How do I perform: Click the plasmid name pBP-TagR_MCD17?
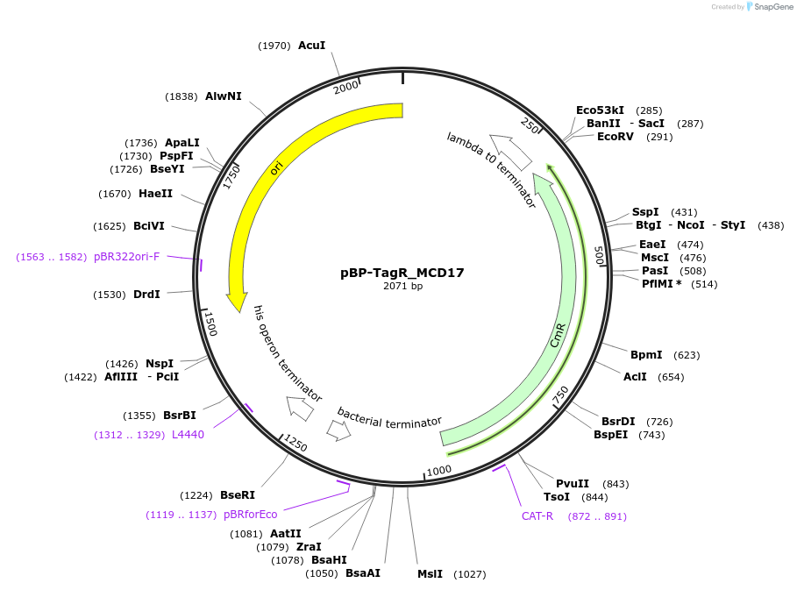(x=402, y=273)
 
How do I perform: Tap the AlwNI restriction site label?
(x=223, y=96)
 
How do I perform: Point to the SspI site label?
(x=645, y=212)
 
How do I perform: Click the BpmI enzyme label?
(x=647, y=355)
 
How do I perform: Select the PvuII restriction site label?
(x=573, y=483)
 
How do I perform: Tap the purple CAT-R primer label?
(x=537, y=515)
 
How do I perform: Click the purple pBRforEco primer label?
(x=250, y=515)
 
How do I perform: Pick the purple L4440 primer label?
(x=188, y=435)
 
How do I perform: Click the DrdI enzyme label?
(x=146, y=295)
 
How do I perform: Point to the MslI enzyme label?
(x=431, y=574)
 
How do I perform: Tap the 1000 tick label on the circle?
(x=438, y=470)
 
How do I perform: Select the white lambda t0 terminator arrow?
(x=511, y=151)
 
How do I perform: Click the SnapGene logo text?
(x=771, y=7)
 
